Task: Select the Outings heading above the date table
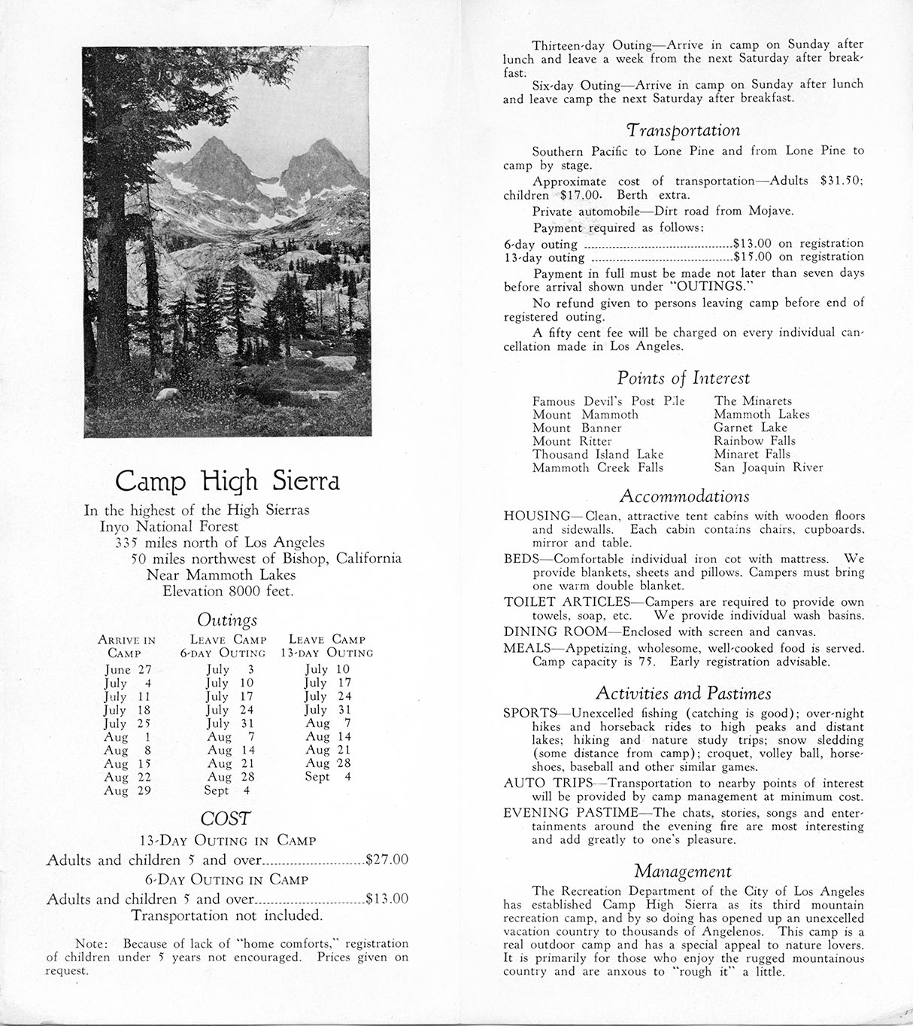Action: pyautogui.click(x=227, y=620)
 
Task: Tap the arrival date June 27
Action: pyautogui.click(x=128, y=669)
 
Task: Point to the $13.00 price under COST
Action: pyautogui.click(x=386, y=899)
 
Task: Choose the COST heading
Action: pyautogui.click(x=226, y=819)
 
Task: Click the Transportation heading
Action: pyautogui.click(x=684, y=130)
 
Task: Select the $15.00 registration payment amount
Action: pyautogui.click(x=753, y=257)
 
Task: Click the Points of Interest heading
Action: pyautogui.click(x=684, y=378)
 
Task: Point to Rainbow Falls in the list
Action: pyautogui.click(x=754, y=441)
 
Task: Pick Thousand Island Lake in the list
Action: pyautogui.click(x=598, y=454)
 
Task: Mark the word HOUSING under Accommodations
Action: pyautogui.click(x=537, y=516)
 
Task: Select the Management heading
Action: pyautogui.click(x=683, y=872)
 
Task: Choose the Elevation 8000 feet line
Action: pyautogui.click(x=228, y=591)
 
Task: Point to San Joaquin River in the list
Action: pyautogui.click(x=768, y=467)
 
